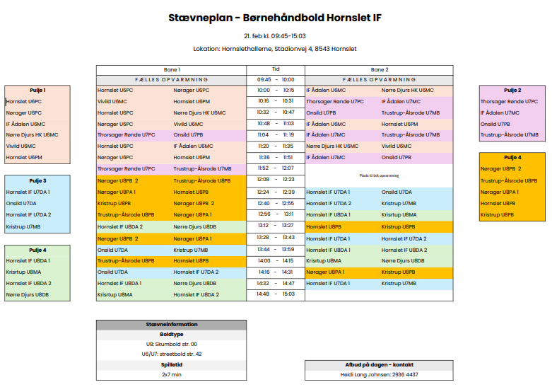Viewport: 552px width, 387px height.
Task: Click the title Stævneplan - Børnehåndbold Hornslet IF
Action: pyautogui.click(x=275, y=18)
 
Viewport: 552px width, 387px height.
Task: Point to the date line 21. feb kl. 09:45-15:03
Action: pyautogui.click(x=275, y=35)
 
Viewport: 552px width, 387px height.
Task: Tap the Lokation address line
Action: pyautogui.click(x=275, y=49)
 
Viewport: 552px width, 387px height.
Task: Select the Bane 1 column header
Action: pyautogui.click(x=172, y=70)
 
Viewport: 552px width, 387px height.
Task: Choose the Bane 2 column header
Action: pyautogui.click(x=379, y=70)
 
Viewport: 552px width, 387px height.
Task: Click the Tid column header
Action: pyautogui.click(x=276, y=70)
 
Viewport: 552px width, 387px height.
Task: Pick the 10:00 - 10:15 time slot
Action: pyautogui.click(x=276, y=91)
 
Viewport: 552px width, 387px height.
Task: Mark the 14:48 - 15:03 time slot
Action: pyautogui.click(x=276, y=294)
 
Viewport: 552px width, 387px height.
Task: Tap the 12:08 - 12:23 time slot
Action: pyautogui.click(x=276, y=180)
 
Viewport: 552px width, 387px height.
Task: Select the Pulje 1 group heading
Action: pyautogui.click(x=37, y=91)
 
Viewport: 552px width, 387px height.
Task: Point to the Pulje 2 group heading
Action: pyautogui.click(x=512, y=91)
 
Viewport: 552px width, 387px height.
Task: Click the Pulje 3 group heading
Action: pyautogui.click(x=37, y=181)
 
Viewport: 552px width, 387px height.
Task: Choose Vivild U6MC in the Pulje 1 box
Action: pyautogui.click(x=21, y=146)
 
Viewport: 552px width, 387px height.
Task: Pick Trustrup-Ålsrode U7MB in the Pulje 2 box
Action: pyautogui.click(x=510, y=134)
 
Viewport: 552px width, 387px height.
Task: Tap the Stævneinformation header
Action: pyautogui.click(x=172, y=325)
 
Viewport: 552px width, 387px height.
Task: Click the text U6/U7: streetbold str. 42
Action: pyautogui.click(x=172, y=354)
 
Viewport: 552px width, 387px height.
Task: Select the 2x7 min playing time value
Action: pyautogui.click(x=172, y=374)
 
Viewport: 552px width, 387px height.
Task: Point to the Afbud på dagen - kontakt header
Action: pyautogui.click(x=379, y=364)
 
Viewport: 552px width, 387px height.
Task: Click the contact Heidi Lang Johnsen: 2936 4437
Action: pyautogui.click(x=379, y=374)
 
